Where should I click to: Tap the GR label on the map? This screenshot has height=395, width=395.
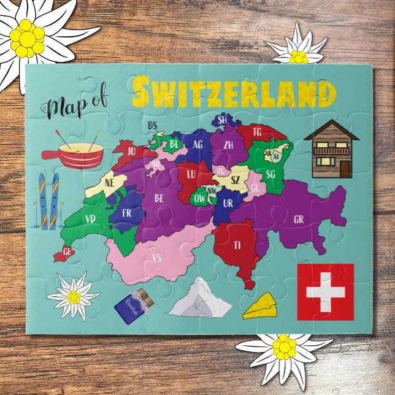click(299, 219)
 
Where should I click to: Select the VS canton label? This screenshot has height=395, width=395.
click(156, 258)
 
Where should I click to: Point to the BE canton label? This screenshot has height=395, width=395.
click(159, 198)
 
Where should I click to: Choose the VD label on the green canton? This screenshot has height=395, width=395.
click(91, 219)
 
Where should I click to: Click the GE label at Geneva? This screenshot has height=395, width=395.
click(67, 251)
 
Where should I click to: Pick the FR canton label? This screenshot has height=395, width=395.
click(127, 213)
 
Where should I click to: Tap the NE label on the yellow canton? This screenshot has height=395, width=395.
click(110, 183)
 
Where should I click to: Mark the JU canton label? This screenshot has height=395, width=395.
click(131, 149)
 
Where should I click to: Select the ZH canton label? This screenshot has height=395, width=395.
click(228, 145)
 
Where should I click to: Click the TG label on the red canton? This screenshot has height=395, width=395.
click(257, 131)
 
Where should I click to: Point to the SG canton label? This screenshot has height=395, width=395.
click(270, 174)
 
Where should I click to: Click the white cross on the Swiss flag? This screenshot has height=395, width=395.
click(325, 291)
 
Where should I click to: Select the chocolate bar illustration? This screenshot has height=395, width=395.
click(132, 305)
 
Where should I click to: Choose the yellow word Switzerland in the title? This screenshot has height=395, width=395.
click(234, 92)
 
